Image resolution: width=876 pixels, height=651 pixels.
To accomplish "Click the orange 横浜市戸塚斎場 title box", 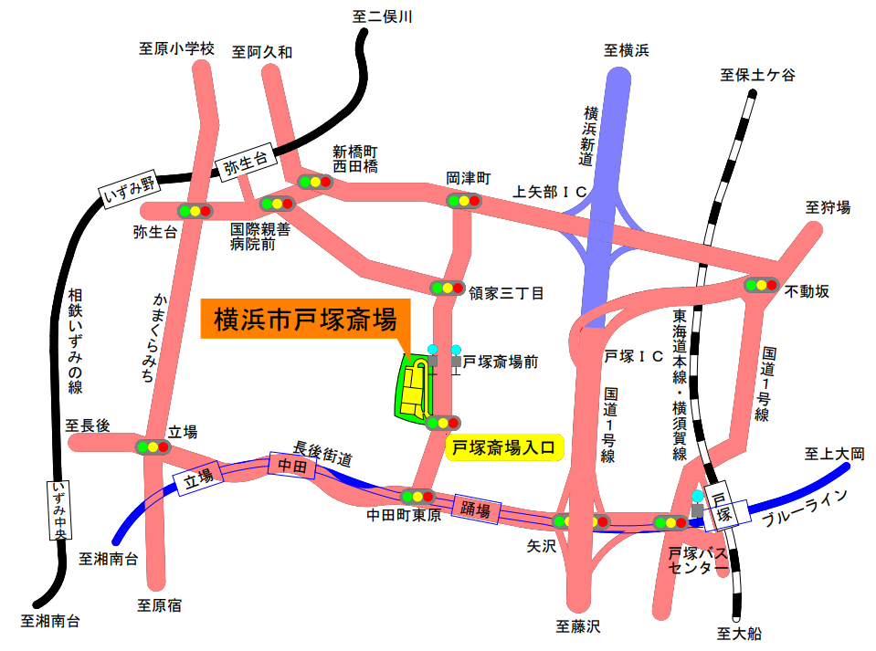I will coord(305,320).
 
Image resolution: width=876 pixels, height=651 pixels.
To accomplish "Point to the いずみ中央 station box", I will coord(58,511).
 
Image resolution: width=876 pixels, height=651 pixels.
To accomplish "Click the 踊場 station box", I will coord(476,509).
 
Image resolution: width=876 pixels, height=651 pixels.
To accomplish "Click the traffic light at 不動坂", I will coord(761,285).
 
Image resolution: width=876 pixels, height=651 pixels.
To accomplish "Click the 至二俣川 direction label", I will coord(383,16).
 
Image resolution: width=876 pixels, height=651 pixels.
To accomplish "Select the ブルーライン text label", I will coord(806,508).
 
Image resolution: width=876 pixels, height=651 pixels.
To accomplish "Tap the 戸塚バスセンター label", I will coord(697,562).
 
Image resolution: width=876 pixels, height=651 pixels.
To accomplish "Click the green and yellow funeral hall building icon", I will coord(415,389).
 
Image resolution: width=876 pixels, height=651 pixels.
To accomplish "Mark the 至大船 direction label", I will coord(739,633).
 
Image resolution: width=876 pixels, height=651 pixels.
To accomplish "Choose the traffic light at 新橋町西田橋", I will coord(317,182).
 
